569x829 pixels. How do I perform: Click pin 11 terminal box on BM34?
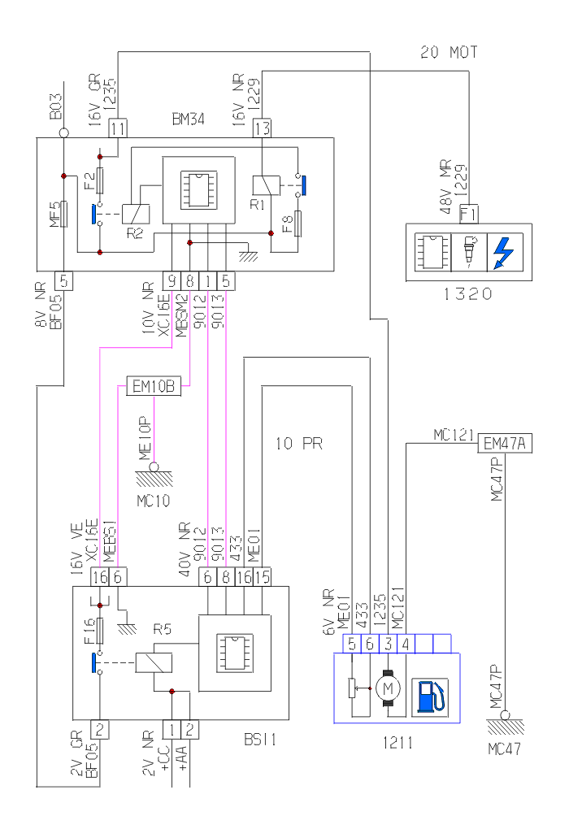point(119,128)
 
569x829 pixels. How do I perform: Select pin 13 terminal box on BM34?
point(262,128)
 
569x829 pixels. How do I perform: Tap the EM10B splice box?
point(153,388)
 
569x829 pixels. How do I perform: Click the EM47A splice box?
point(504,443)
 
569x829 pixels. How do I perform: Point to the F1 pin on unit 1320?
point(469,215)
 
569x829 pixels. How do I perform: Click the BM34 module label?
point(188,119)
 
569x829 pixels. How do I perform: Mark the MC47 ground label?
point(505,749)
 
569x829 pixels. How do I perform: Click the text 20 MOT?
point(449,54)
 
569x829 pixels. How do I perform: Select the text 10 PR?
point(299,445)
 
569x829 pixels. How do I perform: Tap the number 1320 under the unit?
point(467,294)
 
